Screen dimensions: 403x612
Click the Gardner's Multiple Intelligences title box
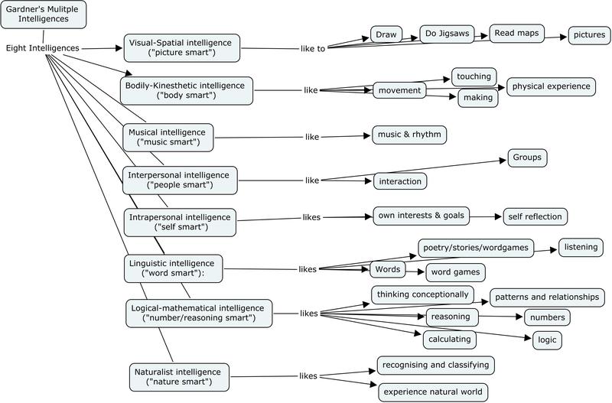click(43, 14)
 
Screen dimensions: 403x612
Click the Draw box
click(386, 35)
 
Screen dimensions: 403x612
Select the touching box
click(474, 76)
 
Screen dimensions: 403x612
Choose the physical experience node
click(550, 86)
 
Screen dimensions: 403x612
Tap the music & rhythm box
click(408, 135)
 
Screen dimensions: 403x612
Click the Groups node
click(527, 158)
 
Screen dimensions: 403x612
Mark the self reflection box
click(535, 216)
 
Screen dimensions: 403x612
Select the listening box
click(581, 247)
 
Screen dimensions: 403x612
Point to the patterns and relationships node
click(547, 297)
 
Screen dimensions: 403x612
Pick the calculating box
click(451, 338)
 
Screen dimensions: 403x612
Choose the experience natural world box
click(432, 392)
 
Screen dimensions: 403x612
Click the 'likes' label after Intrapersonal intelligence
click(311, 217)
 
